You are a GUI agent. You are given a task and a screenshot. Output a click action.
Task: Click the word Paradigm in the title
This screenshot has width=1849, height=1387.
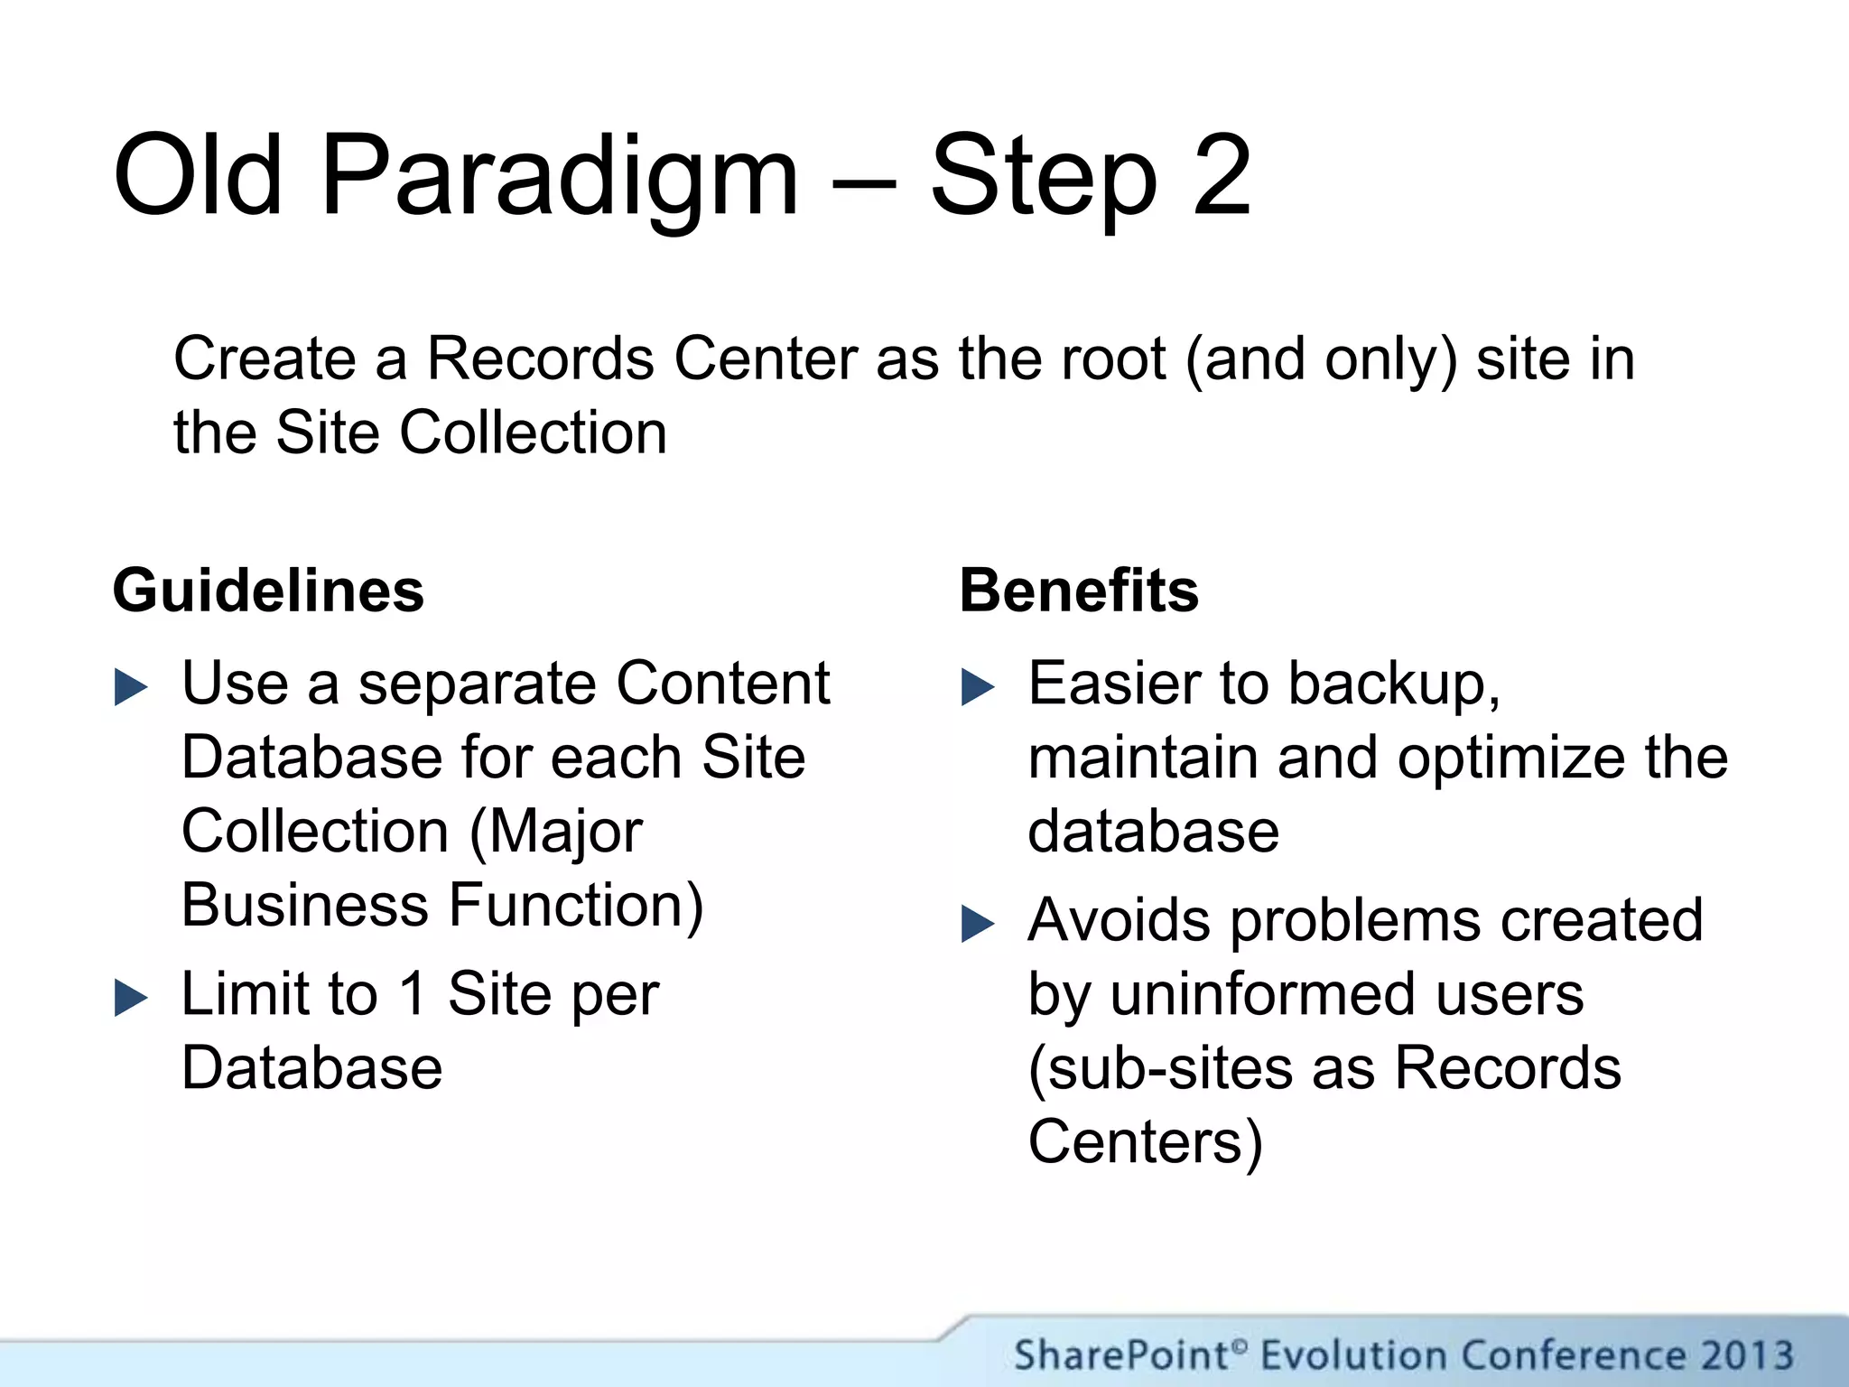click(x=560, y=176)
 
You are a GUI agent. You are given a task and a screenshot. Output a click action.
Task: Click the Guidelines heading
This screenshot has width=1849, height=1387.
click(x=268, y=591)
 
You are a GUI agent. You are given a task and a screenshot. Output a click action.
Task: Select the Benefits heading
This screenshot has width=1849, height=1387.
click(x=1079, y=591)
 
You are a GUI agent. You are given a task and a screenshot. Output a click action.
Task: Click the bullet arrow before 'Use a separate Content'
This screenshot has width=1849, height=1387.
click(x=131, y=687)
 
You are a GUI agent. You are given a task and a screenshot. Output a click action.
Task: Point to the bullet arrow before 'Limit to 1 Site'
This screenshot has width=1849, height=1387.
click(x=131, y=998)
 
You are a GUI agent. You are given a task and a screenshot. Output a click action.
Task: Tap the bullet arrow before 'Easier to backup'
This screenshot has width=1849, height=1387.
click(x=978, y=687)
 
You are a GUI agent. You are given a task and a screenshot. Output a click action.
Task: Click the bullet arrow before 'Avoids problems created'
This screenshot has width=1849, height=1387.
click(x=978, y=924)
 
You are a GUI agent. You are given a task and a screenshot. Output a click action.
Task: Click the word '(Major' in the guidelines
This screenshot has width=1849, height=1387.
click(x=556, y=831)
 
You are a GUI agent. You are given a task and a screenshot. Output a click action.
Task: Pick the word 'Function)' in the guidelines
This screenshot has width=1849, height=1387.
click(x=576, y=906)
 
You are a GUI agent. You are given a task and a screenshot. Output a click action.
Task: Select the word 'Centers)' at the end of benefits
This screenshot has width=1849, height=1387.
click(x=1145, y=1142)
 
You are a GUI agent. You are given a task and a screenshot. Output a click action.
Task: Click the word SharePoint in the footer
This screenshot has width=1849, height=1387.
click(x=1121, y=1355)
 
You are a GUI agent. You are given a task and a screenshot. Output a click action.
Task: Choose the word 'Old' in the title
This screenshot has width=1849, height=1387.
click(x=199, y=176)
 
